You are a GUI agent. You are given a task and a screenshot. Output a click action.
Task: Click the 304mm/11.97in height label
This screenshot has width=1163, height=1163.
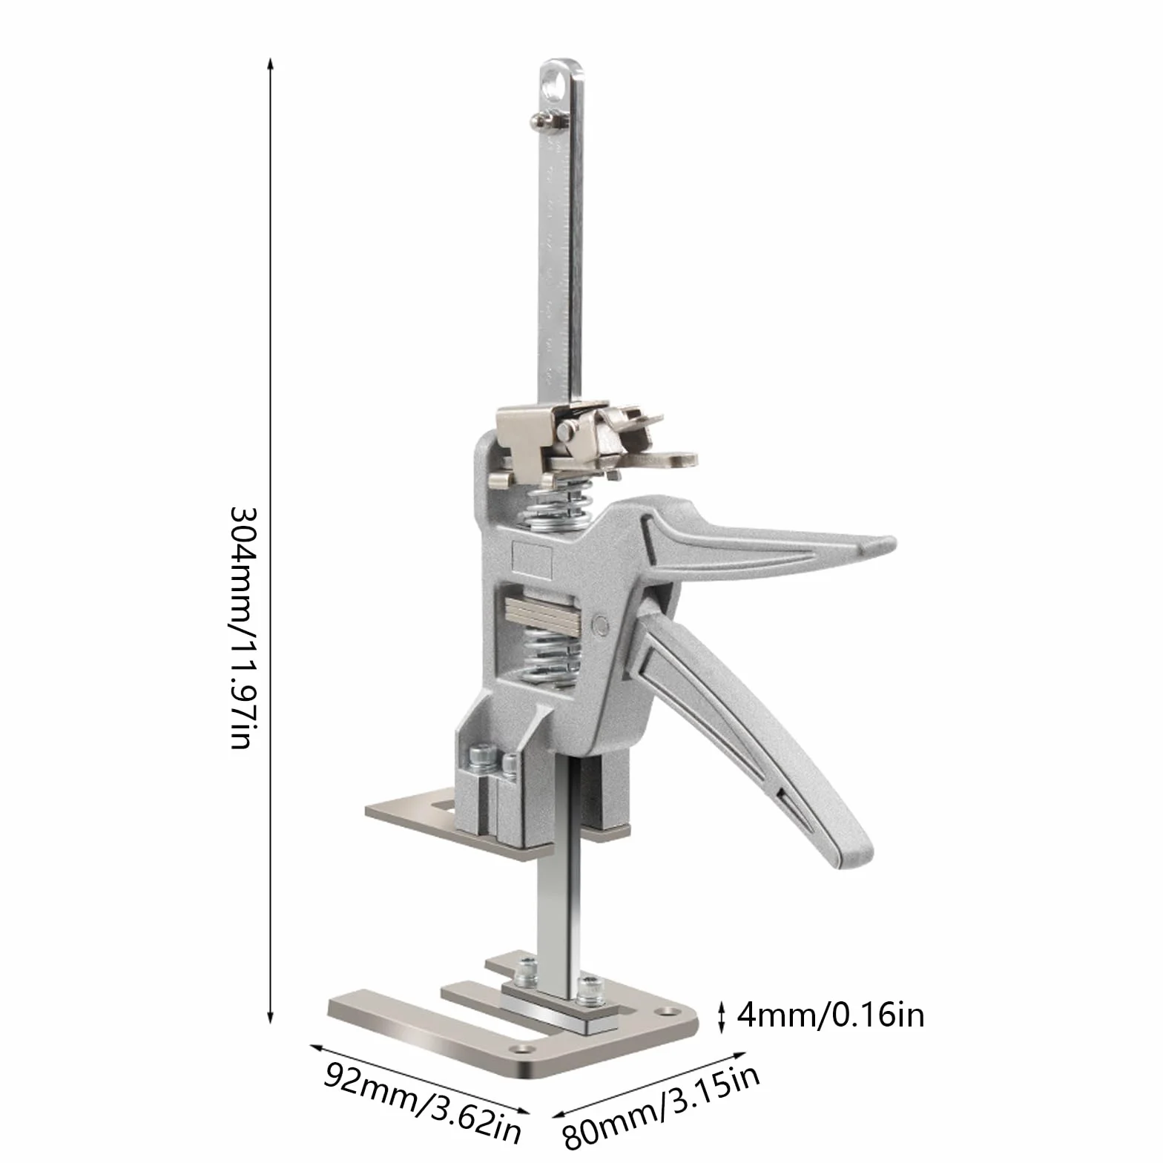(243, 627)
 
